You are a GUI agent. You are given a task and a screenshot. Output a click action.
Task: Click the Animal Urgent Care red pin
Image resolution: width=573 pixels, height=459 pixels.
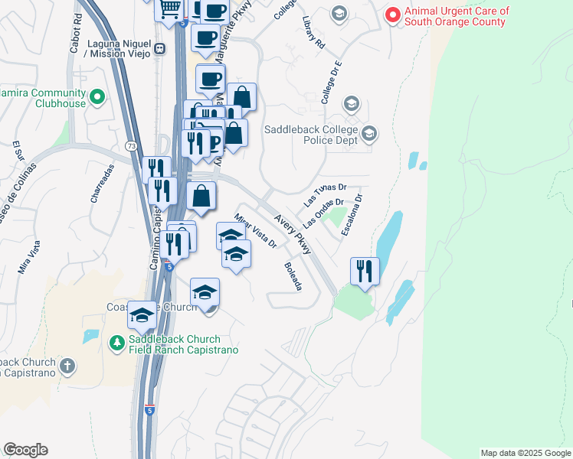393,15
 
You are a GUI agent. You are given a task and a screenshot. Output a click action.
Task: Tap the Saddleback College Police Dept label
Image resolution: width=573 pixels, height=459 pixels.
311,135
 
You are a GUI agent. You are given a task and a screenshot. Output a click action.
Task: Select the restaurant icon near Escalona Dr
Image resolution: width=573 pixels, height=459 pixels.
365,271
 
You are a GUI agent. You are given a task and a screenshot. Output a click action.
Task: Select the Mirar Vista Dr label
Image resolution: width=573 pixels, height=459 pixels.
256,230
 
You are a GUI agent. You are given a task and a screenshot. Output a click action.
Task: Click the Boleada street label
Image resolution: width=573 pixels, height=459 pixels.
293,276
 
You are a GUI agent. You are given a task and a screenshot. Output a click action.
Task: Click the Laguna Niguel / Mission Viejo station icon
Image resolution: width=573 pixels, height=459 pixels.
159,48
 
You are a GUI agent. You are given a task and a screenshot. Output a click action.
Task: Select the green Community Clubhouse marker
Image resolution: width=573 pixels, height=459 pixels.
97,97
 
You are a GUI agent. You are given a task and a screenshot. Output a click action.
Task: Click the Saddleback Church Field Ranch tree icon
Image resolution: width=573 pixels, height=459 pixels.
117,343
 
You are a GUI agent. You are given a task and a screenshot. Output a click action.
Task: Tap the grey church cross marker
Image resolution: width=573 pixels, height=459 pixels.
67,366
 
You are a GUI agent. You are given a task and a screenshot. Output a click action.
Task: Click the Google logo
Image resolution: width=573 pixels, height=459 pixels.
25,450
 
